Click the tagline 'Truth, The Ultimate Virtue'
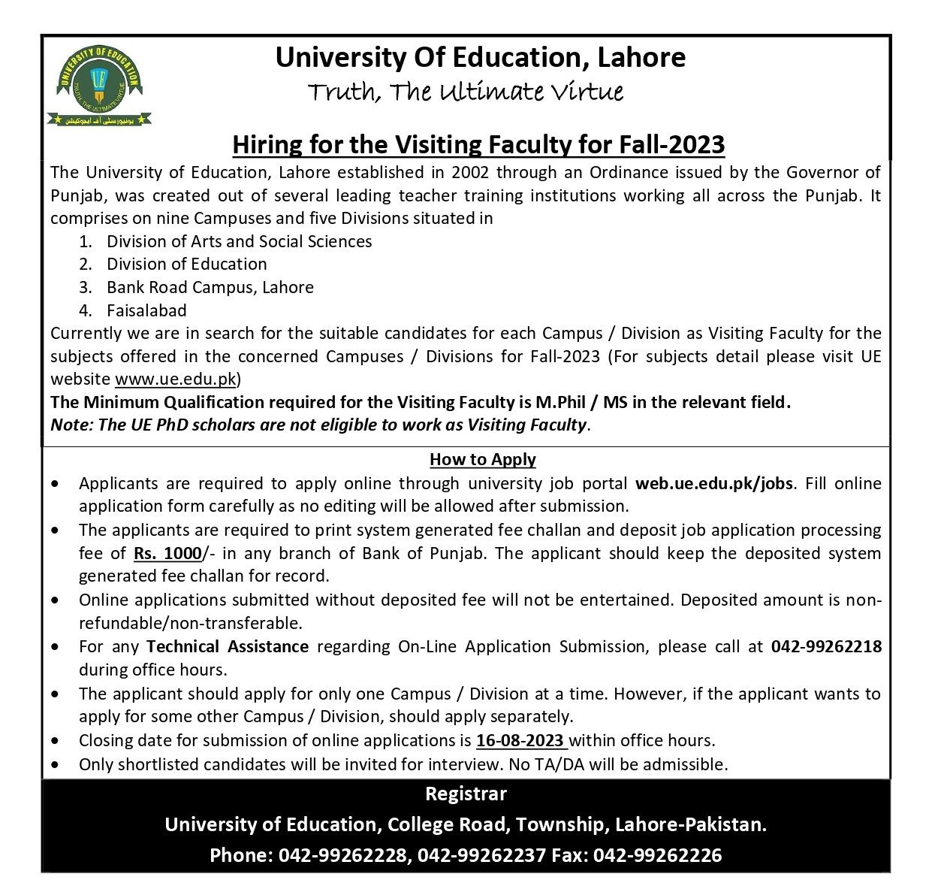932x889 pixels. click(x=466, y=92)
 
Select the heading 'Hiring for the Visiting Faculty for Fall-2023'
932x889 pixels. click(x=478, y=144)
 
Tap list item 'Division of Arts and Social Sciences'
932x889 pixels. click(x=239, y=241)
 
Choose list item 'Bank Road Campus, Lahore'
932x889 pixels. click(x=210, y=287)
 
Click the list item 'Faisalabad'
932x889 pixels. click(x=146, y=310)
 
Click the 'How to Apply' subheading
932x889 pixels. click(x=482, y=459)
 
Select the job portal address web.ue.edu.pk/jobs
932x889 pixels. click(x=713, y=483)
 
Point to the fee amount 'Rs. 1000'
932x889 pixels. click(x=167, y=554)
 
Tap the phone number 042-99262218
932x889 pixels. click(x=826, y=646)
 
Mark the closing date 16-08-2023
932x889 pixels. click(x=520, y=740)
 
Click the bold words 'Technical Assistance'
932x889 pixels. click(x=228, y=646)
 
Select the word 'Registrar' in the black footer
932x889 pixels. click(x=466, y=794)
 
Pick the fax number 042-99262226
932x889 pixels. click(x=657, y=855)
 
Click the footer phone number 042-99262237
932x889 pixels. click(x=481, y=855)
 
